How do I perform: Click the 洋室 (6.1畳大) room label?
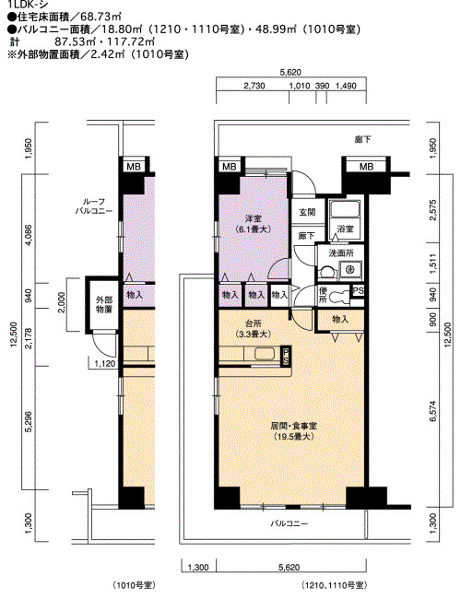tap(253, 224)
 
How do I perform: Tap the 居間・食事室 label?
tap(293, 426)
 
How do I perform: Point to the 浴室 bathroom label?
tap(345, 229)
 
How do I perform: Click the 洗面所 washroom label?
tap(341, 253)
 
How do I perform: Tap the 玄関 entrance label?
tap(307, 212)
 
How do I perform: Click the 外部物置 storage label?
tap(104, 304)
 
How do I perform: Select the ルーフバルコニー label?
tap(94, 206)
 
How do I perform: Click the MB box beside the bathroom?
tap(366, 167)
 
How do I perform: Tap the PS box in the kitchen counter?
tap(286, 357)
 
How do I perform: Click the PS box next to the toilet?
tap(358, 291)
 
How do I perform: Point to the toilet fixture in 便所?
tap(337, 296)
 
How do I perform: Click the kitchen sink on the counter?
tap(265, 354)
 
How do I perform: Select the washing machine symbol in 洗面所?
tap(349, 269)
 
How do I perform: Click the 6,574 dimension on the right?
tap(432, 411)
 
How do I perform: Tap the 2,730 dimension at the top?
tap(254, 86)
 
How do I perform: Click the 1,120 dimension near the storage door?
tap(105, 364)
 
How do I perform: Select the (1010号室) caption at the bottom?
tap(135, 585)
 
